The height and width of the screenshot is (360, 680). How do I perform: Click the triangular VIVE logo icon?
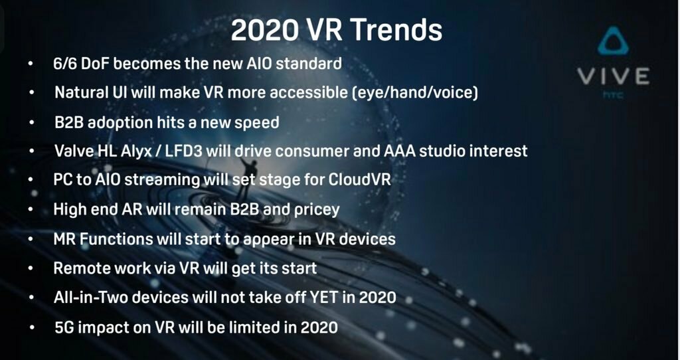point(613,41)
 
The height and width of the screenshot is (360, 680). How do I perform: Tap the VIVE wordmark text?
point(613,76)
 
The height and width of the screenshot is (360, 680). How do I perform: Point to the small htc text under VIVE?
point(613,94)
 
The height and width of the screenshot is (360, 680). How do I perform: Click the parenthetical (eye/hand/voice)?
point(416,93)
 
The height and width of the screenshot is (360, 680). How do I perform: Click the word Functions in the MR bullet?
point(116,239)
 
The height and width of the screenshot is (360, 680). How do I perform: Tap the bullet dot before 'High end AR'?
point(31,209)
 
